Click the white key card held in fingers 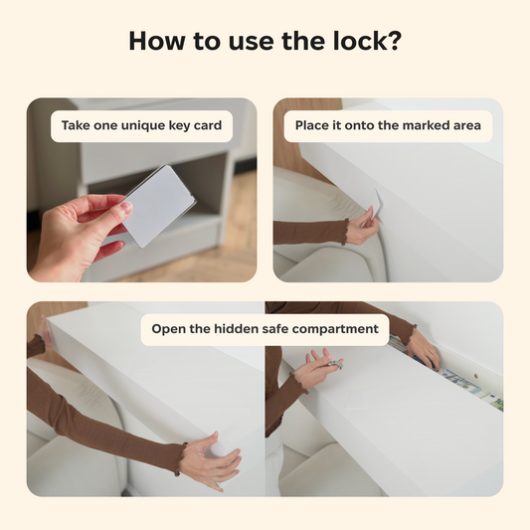click(158, 206)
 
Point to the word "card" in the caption click(207, 125)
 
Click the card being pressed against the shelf click(375, 206)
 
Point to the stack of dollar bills click(458, 381)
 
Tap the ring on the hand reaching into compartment click(430, 356)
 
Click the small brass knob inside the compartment click(476, 376)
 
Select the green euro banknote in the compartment click(493, 402)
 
